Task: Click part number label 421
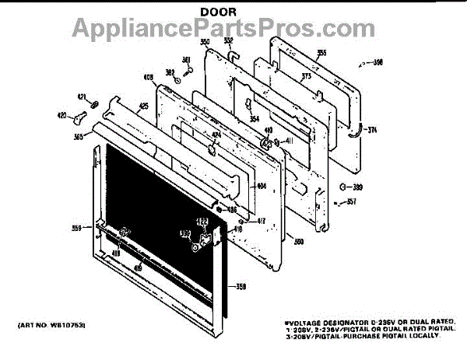click(x=81, y=97)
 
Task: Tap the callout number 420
click(x=61, y=115)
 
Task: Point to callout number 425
click(x=143, y=105)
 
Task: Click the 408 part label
click(x=147, y=77)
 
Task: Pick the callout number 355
click(x=321, y=53)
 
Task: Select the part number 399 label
click(x=357, y=187)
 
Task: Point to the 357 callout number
click(x=351, y=203)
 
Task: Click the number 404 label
click(x=262, y=187)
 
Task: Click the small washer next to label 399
click(x=343, y=187)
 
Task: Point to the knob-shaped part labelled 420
click(x=78, y=120)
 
